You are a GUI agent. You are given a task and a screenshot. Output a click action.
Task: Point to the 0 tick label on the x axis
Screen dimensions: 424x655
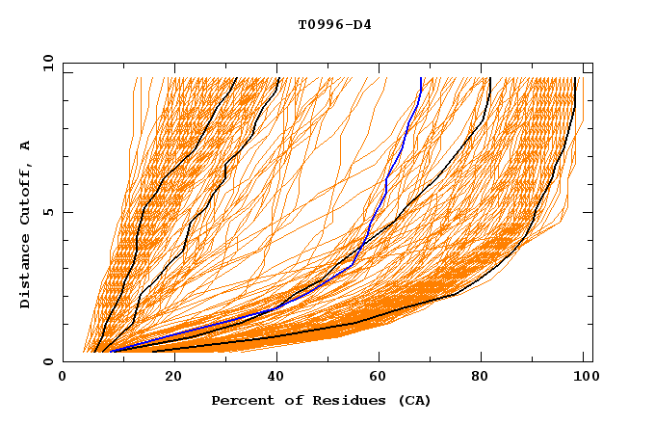[63, 378]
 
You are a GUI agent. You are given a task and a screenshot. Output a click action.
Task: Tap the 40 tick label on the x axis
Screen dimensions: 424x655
[276, 378]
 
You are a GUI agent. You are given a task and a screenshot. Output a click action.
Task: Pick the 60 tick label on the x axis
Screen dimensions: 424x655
[381, 378]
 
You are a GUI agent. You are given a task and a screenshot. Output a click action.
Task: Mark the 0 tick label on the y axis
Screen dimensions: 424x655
[46, 361]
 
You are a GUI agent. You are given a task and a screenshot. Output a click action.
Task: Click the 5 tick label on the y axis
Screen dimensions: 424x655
[46, 212]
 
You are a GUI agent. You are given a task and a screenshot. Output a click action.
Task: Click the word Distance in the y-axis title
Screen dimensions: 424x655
[26, 274]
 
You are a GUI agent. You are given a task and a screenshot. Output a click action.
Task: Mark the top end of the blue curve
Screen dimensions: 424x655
[421, 78]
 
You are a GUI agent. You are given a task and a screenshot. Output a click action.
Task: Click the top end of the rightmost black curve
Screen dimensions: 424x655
[575, 78]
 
